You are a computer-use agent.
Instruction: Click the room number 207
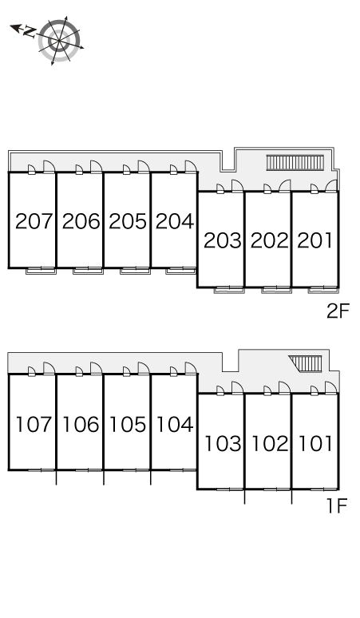pyautogui.click(x=34, y=221)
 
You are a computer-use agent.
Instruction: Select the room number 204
pyautogui.click(x=175, y=221)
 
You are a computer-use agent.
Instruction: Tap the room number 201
pyautogui.click(x=315, y=240)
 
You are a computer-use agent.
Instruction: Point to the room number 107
pyautogui.click(x=34, y=425)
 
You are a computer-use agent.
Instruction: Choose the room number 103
pyautogui.click(x=223, y=443)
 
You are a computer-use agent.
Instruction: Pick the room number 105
pyautogui.click(x=128, y=425)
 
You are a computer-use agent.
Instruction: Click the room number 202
pyautogui.click(x=270, y=240)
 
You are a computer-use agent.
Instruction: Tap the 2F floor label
pyautogui.click(x=338, y=311)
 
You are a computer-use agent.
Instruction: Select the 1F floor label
pyautogui.click(x=337, y=505)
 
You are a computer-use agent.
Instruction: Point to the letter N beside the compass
pyautogui.click(x=29, y=31)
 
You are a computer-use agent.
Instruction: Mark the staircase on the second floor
pyautogui.click(x=295, y=162)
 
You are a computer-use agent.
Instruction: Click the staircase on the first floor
pyautogui.click(x=306, y=363)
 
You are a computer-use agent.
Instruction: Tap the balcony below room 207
pyautogui.click(x=41, y=271)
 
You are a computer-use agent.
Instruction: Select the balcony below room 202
pyautogui.click(x=276, y=290)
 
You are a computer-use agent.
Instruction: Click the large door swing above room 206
pyautogui.click(x=96, y=166)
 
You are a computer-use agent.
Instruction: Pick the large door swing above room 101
pyautogui.click(x=330, y=387)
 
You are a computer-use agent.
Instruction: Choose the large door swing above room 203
pyautogui.click(x=238, y=186)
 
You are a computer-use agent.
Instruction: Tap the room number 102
pyautogui.click(x=270, y=443)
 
